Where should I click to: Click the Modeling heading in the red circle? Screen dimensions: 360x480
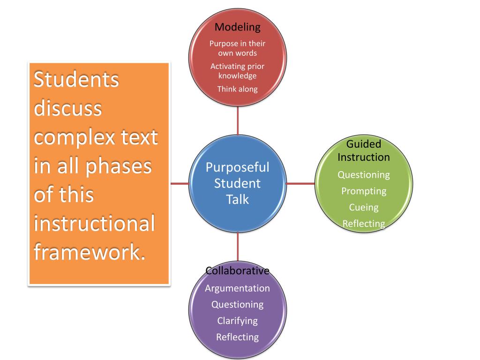tap(237, 26)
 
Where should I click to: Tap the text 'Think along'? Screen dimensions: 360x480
tap(237, 89)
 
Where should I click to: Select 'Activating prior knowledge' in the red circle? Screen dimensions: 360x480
tap(237, 71)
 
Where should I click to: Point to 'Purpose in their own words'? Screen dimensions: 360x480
tap(237, 48)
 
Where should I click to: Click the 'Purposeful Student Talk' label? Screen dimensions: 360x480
tap(238, 183)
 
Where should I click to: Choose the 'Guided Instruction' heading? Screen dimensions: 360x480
tap(364, 150)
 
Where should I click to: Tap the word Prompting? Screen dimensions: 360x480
tap(364, 191)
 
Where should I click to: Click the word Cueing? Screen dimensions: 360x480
tap(364, 207)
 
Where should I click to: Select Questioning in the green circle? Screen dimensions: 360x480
tap(364, 175)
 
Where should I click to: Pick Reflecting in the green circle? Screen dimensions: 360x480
tap(364, 224)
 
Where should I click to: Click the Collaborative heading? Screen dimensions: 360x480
tap(238, 271)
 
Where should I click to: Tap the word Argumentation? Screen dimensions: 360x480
tap(238, 288)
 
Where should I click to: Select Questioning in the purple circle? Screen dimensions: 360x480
tap(238, 305)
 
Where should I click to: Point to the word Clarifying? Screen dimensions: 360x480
tap(238, 321)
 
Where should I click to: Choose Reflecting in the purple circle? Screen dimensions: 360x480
tap(238, 337)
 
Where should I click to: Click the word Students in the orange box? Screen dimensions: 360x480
tap(76, 80)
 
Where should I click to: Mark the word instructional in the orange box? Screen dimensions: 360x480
tap(95, 224)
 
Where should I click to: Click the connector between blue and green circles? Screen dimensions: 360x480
tap(300, 183)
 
